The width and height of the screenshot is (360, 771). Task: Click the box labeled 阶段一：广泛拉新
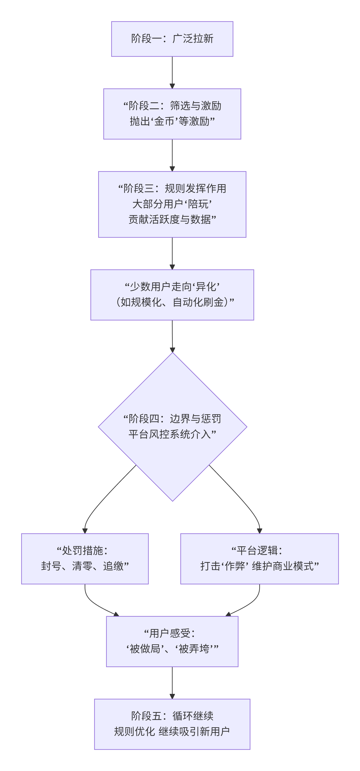click(172, 39)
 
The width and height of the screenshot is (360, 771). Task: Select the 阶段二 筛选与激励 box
click(172, 114)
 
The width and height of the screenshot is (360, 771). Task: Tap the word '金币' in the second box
click(164, 121)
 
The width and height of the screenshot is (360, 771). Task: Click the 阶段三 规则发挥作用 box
click(172, 204)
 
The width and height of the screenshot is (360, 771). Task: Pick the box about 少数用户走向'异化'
click(172, 295)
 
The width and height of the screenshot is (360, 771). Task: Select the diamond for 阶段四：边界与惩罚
click(172, 449)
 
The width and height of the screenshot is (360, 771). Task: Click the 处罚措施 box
click(85, 559)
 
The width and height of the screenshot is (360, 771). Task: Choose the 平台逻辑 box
click(259, 559)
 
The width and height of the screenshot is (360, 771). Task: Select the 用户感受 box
click(172, 641)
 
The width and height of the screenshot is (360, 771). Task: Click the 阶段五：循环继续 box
click(172, 724)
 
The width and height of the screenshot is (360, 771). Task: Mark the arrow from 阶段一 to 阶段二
click(172, 72)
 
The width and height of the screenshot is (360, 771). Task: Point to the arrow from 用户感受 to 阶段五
click(172, 682)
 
